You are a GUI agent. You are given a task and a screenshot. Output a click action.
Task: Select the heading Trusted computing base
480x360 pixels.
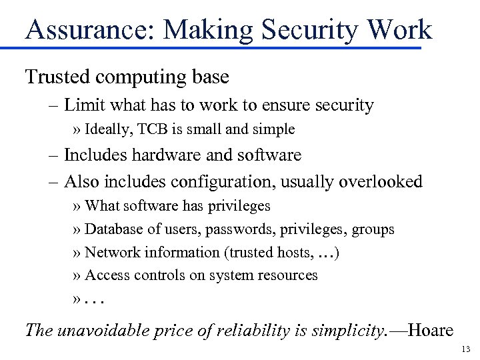tap(127, 77)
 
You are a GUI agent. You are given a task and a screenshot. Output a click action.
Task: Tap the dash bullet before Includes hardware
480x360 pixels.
tap(55, 155)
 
